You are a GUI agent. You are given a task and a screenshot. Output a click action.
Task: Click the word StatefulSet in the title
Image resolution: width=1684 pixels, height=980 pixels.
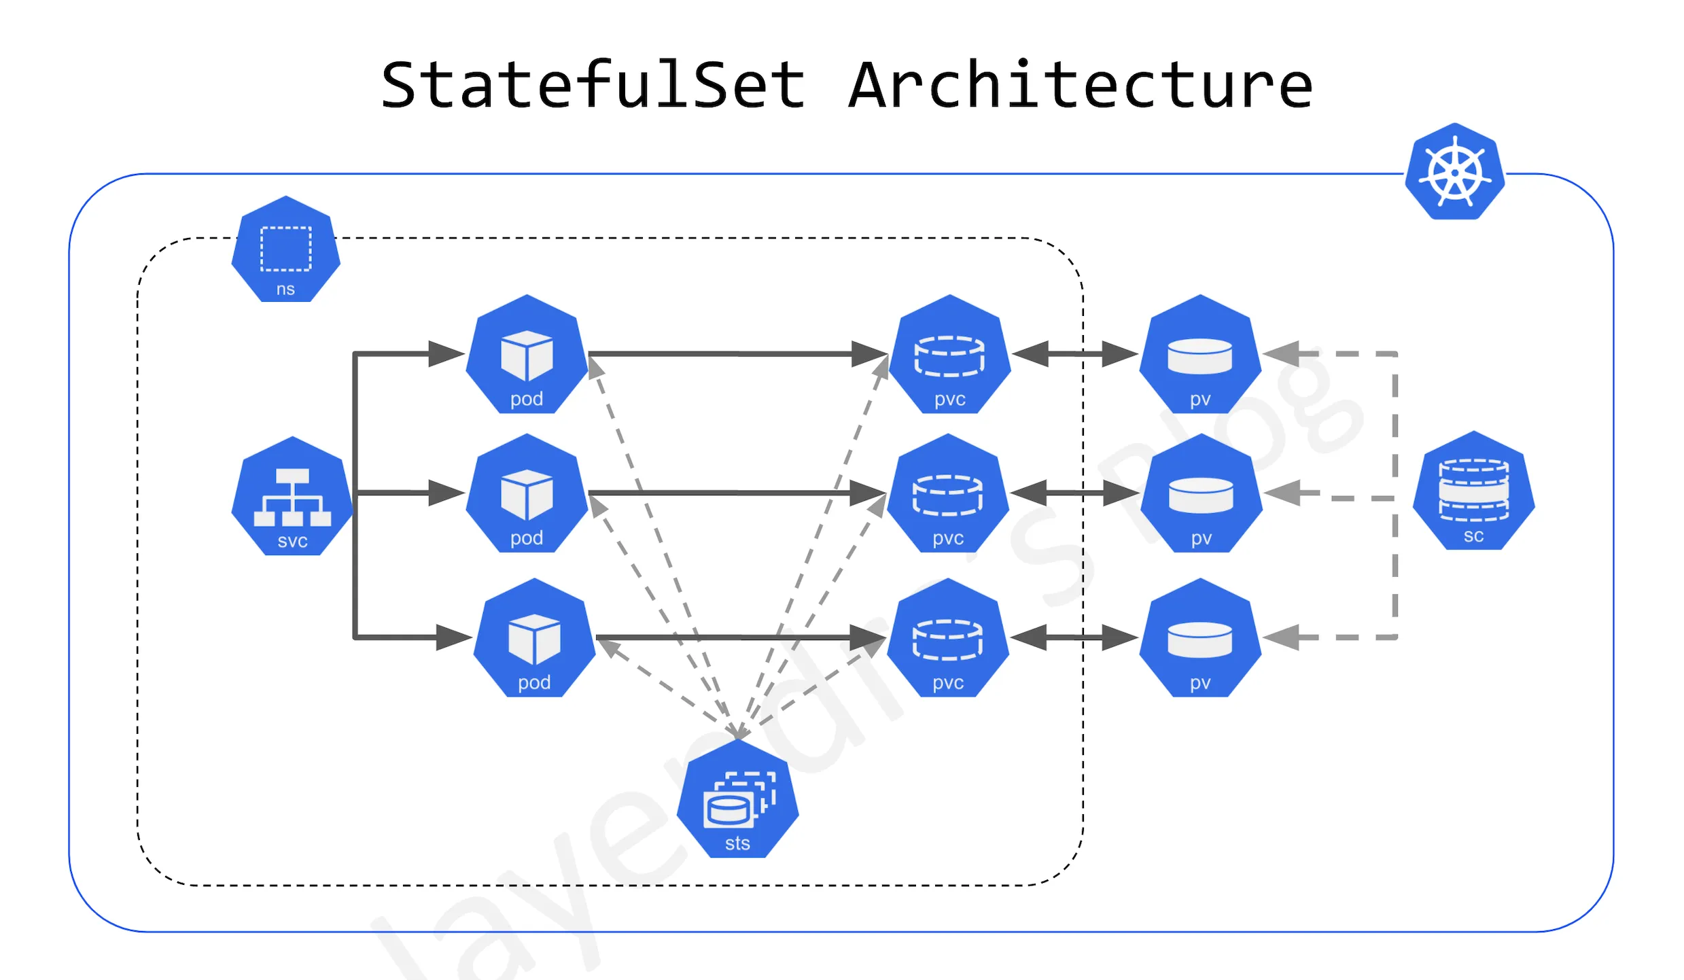(x=593, y=86)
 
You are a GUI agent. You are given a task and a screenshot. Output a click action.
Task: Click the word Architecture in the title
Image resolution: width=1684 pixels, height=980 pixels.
(x=1081, y=86)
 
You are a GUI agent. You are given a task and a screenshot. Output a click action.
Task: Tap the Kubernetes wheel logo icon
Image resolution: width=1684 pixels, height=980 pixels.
(x=1455, y=172)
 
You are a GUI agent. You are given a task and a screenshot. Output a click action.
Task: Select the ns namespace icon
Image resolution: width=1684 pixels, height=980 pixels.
(x=285, y=249)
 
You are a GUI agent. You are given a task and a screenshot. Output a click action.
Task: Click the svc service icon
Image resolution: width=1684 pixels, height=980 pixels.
(x=292, y=497)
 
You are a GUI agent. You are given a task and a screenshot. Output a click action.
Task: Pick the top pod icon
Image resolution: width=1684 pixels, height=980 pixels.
(x=527, y=355)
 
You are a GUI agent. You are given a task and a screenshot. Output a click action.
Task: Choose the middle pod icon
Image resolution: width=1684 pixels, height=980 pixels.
(x=527, y=494)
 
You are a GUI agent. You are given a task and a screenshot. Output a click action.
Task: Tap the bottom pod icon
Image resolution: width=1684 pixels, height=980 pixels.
(x=534, y=638)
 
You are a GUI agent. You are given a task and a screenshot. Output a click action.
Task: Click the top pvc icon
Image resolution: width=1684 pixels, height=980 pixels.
(x=949, y=355)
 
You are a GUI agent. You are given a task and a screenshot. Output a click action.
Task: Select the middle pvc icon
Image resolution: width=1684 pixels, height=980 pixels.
(x=947, y=494)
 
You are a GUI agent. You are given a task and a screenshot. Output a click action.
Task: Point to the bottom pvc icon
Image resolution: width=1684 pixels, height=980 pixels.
(x=947, y=638)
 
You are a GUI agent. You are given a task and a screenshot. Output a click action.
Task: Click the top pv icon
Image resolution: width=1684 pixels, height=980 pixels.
(x=1200, y=355)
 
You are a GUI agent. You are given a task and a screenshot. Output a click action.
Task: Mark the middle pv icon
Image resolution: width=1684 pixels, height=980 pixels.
(x=1201, y=494)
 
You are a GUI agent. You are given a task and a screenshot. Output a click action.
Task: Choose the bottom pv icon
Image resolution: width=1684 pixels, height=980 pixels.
(x=1200, y=638)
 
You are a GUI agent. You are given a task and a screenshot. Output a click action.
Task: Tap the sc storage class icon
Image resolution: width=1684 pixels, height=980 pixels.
(x=1473, y=491)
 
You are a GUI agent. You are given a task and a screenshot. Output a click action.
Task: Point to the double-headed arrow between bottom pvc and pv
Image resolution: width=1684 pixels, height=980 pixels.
(x=1074, y=637)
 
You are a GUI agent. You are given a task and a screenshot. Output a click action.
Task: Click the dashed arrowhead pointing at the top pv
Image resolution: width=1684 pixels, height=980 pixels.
(x=1282, y=354)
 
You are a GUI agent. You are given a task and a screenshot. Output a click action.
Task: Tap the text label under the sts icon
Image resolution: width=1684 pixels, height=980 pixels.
(x=737, y=843)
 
